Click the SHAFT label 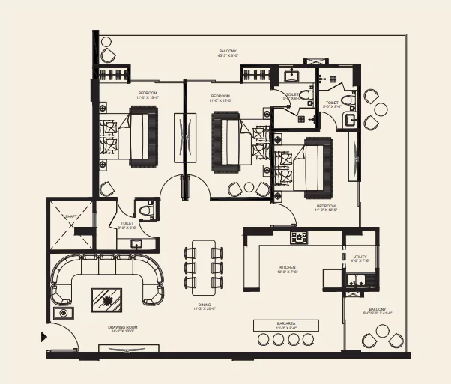(70, 216)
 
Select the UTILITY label (359, 258)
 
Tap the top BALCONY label (228, 52)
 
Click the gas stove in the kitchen (300, 239)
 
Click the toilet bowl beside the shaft (148, 209)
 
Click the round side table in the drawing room (64, 313)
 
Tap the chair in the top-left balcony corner (109, 55)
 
